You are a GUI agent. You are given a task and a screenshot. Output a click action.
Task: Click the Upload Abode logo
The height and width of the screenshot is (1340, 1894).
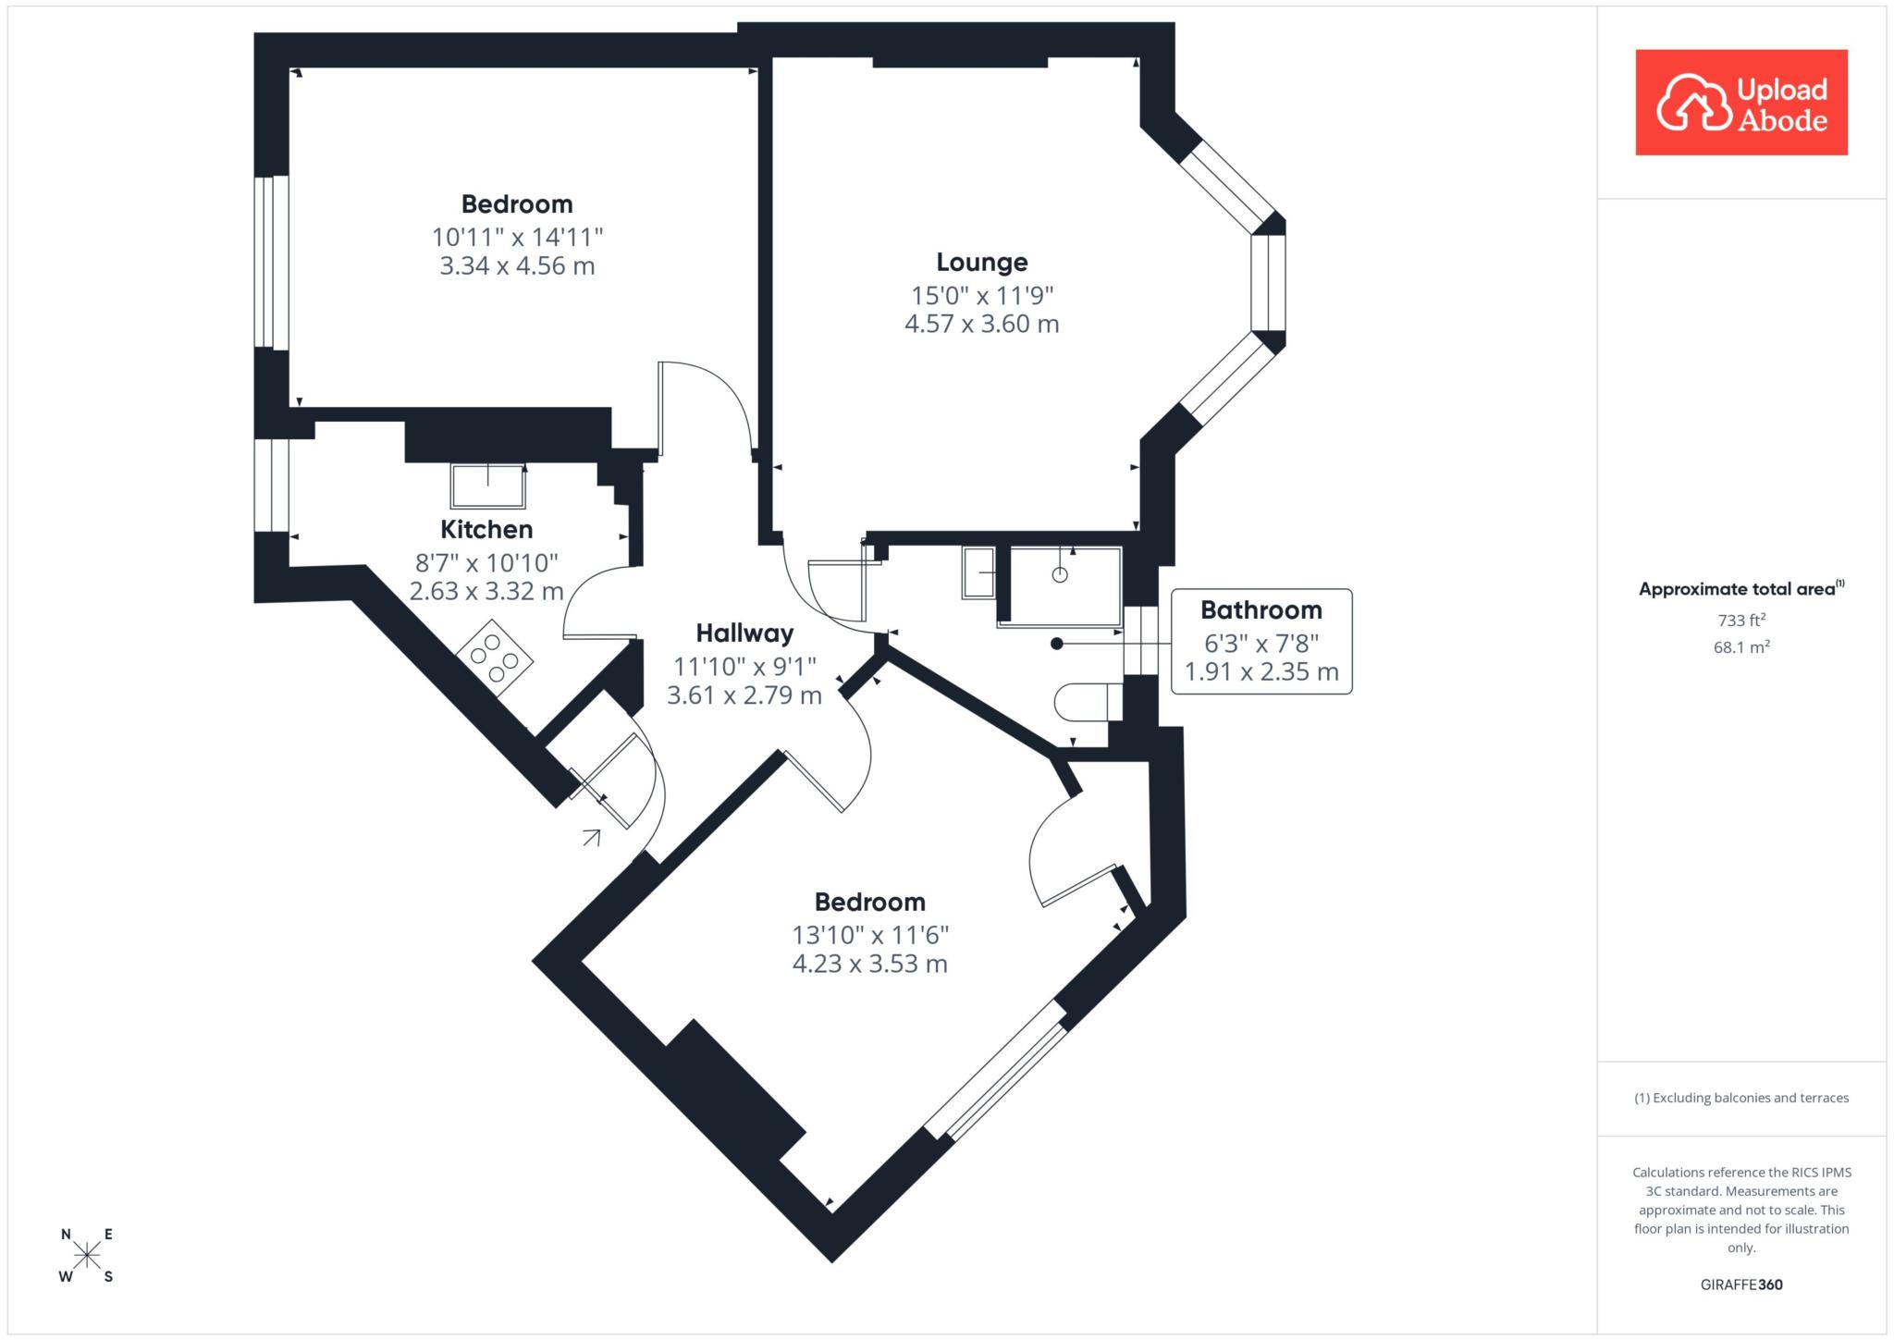(1741, 103)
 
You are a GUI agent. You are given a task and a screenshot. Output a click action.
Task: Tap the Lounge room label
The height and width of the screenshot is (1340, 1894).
(982, 263)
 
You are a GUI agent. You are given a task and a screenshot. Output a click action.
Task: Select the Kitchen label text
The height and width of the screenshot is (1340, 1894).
(486, 530)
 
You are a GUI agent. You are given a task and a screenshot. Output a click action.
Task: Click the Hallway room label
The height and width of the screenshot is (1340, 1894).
(744, 633)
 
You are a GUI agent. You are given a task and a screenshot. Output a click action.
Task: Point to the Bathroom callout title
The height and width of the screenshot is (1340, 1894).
(1261, 610)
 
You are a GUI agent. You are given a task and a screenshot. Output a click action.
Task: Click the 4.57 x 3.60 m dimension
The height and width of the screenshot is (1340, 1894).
(982, 325)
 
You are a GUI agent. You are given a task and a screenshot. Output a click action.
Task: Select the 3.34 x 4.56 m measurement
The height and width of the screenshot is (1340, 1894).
(517, 266)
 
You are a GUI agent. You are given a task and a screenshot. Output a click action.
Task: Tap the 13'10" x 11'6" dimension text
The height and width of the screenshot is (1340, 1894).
(870, 935)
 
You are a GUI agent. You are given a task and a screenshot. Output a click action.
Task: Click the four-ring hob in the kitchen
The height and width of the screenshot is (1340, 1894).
(495, 658)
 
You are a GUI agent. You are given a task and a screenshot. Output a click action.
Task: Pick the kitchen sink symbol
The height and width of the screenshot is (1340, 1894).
(488, 486)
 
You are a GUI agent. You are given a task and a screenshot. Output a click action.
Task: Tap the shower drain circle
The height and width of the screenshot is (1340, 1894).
(1060, 575)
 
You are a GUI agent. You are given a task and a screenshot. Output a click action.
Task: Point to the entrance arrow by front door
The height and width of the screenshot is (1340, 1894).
(591, 838)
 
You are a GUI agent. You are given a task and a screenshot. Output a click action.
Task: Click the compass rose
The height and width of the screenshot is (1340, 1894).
(87, 1255)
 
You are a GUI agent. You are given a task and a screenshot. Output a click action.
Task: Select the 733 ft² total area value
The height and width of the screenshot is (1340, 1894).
(1741, 621)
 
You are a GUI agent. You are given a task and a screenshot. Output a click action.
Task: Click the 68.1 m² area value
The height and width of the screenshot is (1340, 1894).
(1741, 647)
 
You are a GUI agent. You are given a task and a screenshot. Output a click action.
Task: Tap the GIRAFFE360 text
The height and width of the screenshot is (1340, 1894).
(1741, 1285)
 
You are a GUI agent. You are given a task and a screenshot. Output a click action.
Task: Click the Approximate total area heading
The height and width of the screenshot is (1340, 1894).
(1741, 589)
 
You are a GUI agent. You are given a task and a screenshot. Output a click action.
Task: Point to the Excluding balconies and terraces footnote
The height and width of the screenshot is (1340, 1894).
(1741, 1098)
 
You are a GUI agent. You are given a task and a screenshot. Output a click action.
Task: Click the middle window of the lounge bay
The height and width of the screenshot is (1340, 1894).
(1268, 283)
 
